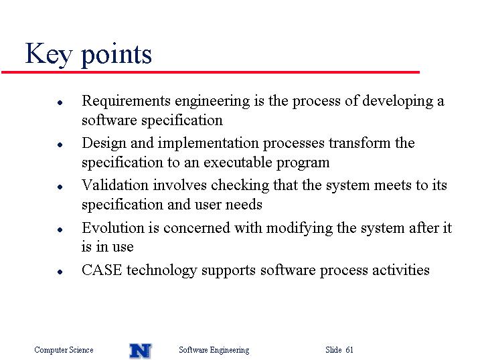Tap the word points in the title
coord(116,55)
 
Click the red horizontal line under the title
coord(210,72)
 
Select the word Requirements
coord(126,102)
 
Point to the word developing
coord(398,102)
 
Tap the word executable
coord(238,163)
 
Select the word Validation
coord(115,185)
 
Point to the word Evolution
coord(112,228)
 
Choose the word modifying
coord(299,228)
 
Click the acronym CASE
coord(102,270)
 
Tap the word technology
coord(161,271)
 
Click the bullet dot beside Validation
coord(60,187)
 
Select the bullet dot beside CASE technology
coord(60,272)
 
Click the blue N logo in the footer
coord(141,351)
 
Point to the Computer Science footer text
coord(64,350)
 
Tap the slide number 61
coord(349,349)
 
